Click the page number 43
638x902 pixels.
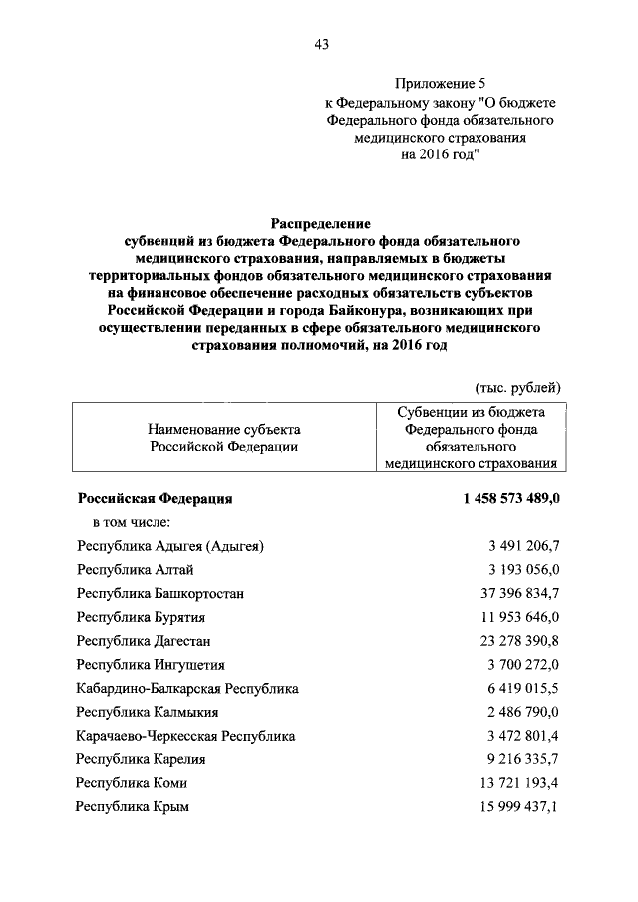(x=321, y=44)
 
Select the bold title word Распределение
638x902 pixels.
(x=320, y=225)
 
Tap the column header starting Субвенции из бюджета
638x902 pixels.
(x=473, y=437)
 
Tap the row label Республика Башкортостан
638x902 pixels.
(x=160, y=593)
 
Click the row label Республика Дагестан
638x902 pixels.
(x=144, y=641)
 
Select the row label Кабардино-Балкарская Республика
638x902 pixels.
(x=187, y=688)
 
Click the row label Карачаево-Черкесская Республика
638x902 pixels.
(x=185, y=736)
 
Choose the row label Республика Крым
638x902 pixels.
(x=133, y=807)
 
